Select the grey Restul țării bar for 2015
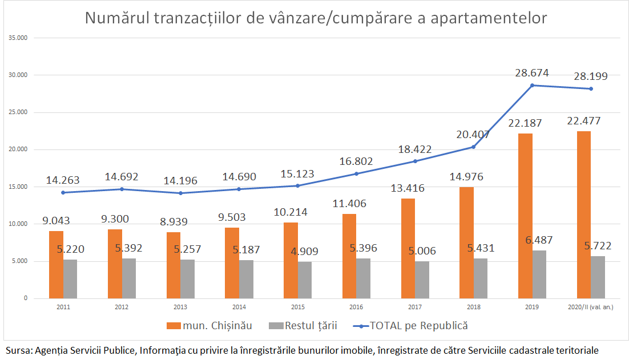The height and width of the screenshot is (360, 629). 305,280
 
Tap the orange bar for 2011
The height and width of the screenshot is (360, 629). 56,265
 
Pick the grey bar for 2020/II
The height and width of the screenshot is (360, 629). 598,277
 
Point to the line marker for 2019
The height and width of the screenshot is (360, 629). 533,85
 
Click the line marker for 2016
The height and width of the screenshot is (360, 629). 357,173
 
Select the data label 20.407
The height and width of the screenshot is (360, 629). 473,135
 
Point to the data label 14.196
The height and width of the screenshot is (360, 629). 180,181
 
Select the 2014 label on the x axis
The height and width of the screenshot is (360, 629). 239,308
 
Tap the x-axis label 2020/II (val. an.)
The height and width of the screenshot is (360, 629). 591,308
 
